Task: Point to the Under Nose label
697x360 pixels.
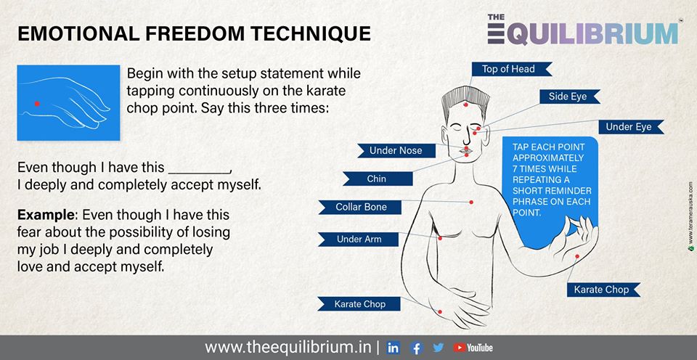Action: coord(396,151)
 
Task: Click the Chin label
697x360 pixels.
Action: coord(378,179)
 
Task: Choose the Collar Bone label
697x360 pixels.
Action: coord(360,207)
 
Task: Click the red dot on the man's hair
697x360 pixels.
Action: coord(465,105)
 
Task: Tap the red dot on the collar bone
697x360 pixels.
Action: coord(471,202)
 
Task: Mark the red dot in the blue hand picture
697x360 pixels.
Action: coord(37,104)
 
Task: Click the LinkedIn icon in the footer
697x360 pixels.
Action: coord(393,348)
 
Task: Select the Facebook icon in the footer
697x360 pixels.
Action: coord(416,348)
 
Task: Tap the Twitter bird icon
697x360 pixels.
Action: coord(439,348)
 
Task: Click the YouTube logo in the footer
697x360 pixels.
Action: coord(473,348)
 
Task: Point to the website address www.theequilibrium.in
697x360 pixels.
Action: coord(288,347)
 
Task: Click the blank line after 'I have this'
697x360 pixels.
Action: coord(200,172)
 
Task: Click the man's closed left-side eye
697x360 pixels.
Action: coord(455,128)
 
